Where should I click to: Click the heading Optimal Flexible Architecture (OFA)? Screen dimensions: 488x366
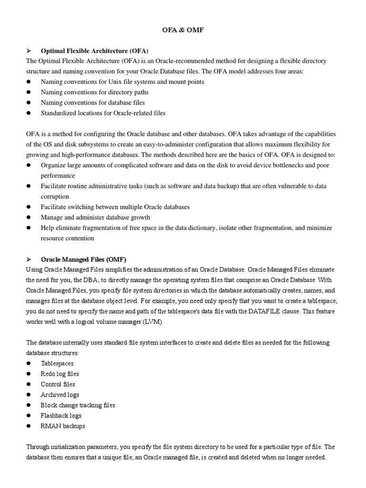click(x=94, y=51)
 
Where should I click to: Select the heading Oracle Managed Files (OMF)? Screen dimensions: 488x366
click(x=83, y=259)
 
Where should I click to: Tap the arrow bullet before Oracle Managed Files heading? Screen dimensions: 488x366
click(x=29, y=259)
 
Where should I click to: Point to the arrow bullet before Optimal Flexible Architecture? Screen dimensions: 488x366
click(x=29, y=51)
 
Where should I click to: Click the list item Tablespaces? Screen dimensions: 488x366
click(x=57, y=364)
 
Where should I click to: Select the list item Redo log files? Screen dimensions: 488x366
click(x=60, y=374)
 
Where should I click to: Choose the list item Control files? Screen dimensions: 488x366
click(x=58, y=385)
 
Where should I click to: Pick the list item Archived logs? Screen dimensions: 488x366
click(x=60, y=395)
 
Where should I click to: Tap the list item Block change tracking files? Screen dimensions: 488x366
click(x=78, y=406)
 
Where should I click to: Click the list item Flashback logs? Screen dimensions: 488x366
click(x=61, y=416)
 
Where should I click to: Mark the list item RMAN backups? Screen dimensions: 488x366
click(x=63, y=426)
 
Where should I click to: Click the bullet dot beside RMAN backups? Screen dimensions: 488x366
click(x=29, y=426)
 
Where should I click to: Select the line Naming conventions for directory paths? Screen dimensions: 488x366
click(x=94, y=92)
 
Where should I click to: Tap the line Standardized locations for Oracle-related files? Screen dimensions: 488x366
click(x=103, y=113)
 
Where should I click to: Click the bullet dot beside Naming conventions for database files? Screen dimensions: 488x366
click(x=29, y=103)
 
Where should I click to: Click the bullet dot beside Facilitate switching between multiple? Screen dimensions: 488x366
click(x=29, y=207)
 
